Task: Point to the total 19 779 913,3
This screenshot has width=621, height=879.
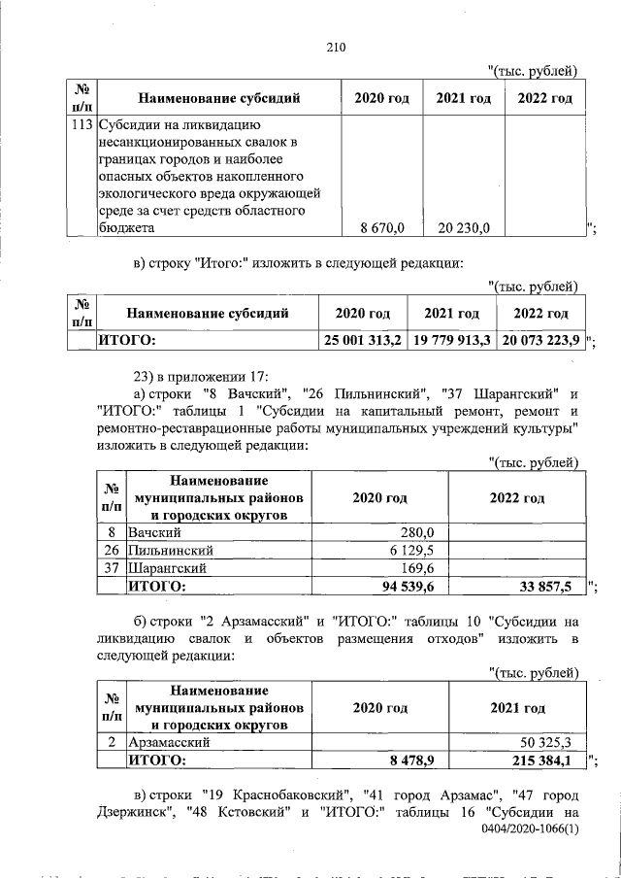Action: (452, 340)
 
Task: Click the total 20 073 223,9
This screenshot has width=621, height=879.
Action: (541, 340)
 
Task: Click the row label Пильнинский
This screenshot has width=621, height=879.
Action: (171, 550)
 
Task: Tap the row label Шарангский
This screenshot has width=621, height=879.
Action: (168, 568)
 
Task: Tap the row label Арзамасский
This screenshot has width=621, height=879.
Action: (171, 742)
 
